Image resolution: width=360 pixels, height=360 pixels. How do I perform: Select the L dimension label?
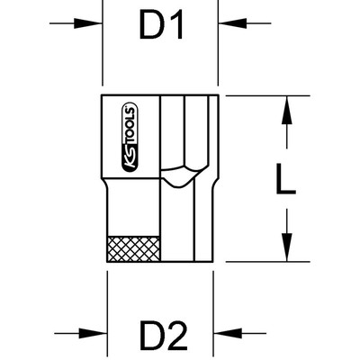pos(285,179)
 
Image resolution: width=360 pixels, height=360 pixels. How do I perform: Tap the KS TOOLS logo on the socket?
pos(130,138)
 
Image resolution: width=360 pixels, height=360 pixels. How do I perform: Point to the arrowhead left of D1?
pos(87,23)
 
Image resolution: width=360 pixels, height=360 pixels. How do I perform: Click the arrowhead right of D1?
pos(233,23)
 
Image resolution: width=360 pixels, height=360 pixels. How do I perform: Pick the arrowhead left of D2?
pos(93,333)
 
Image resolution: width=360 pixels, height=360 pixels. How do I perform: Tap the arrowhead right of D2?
pos(228,333)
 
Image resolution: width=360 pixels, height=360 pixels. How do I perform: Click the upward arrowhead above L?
pos(287,110)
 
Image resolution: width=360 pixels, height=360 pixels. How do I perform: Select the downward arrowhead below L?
pos(287,247)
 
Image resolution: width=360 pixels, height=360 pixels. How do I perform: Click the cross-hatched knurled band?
pos(133,248)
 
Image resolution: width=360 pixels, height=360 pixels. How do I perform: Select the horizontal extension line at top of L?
pos(268,95)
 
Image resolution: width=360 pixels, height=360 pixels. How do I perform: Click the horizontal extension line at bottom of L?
pos(268,262)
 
